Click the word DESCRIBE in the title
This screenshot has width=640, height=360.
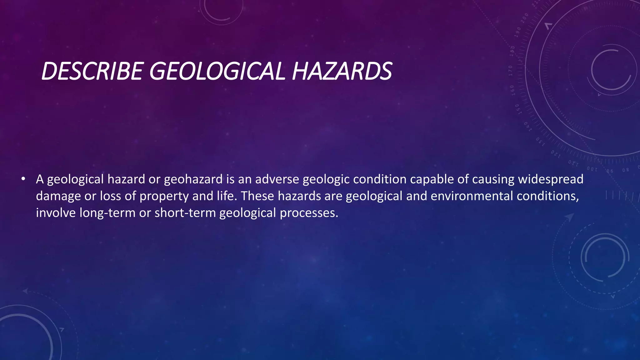click(92, 71)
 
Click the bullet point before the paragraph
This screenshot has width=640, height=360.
click(23, 179)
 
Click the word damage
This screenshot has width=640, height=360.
click(58, 196)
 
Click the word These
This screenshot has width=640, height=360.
click(257, 196)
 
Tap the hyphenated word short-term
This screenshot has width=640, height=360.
click(185, 213)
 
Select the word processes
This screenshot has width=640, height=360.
click(309, 213)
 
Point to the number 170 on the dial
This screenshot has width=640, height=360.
click(510, 71)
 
